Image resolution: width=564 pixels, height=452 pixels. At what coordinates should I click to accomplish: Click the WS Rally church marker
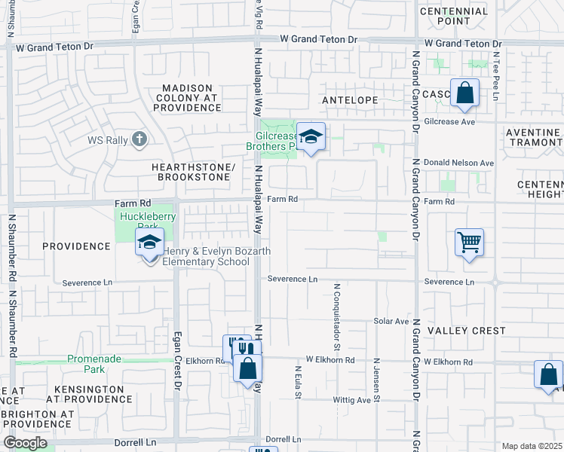point(139,139)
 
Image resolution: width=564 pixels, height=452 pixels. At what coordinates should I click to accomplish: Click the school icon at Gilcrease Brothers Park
point(310,138)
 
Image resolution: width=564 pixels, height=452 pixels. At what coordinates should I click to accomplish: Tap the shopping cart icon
point(469,243)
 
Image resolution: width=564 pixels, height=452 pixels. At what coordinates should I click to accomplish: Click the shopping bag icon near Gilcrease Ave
point(464,94)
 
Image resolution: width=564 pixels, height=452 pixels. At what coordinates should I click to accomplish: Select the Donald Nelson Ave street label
point(458,163)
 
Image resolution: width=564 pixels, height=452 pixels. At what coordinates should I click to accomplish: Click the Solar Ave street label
point(391,321)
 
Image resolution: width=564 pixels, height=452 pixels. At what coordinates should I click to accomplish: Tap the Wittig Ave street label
point(353,400)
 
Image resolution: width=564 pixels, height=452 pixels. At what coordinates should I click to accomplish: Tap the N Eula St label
point(299,384)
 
